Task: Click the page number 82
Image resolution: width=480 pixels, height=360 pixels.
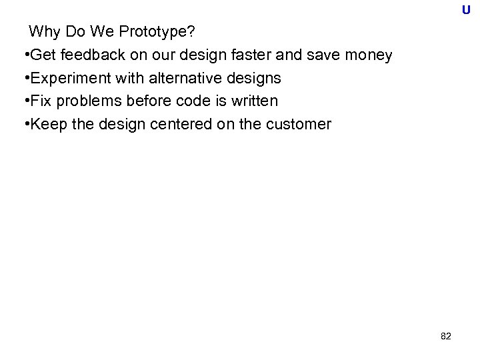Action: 446,337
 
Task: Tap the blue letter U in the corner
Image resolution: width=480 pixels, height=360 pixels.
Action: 465,10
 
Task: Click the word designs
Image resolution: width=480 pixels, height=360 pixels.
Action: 254,78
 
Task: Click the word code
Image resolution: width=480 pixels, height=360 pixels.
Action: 181,101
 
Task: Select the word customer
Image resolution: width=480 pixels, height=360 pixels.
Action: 296,124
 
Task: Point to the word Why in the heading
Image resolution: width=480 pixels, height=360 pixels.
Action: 43,31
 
